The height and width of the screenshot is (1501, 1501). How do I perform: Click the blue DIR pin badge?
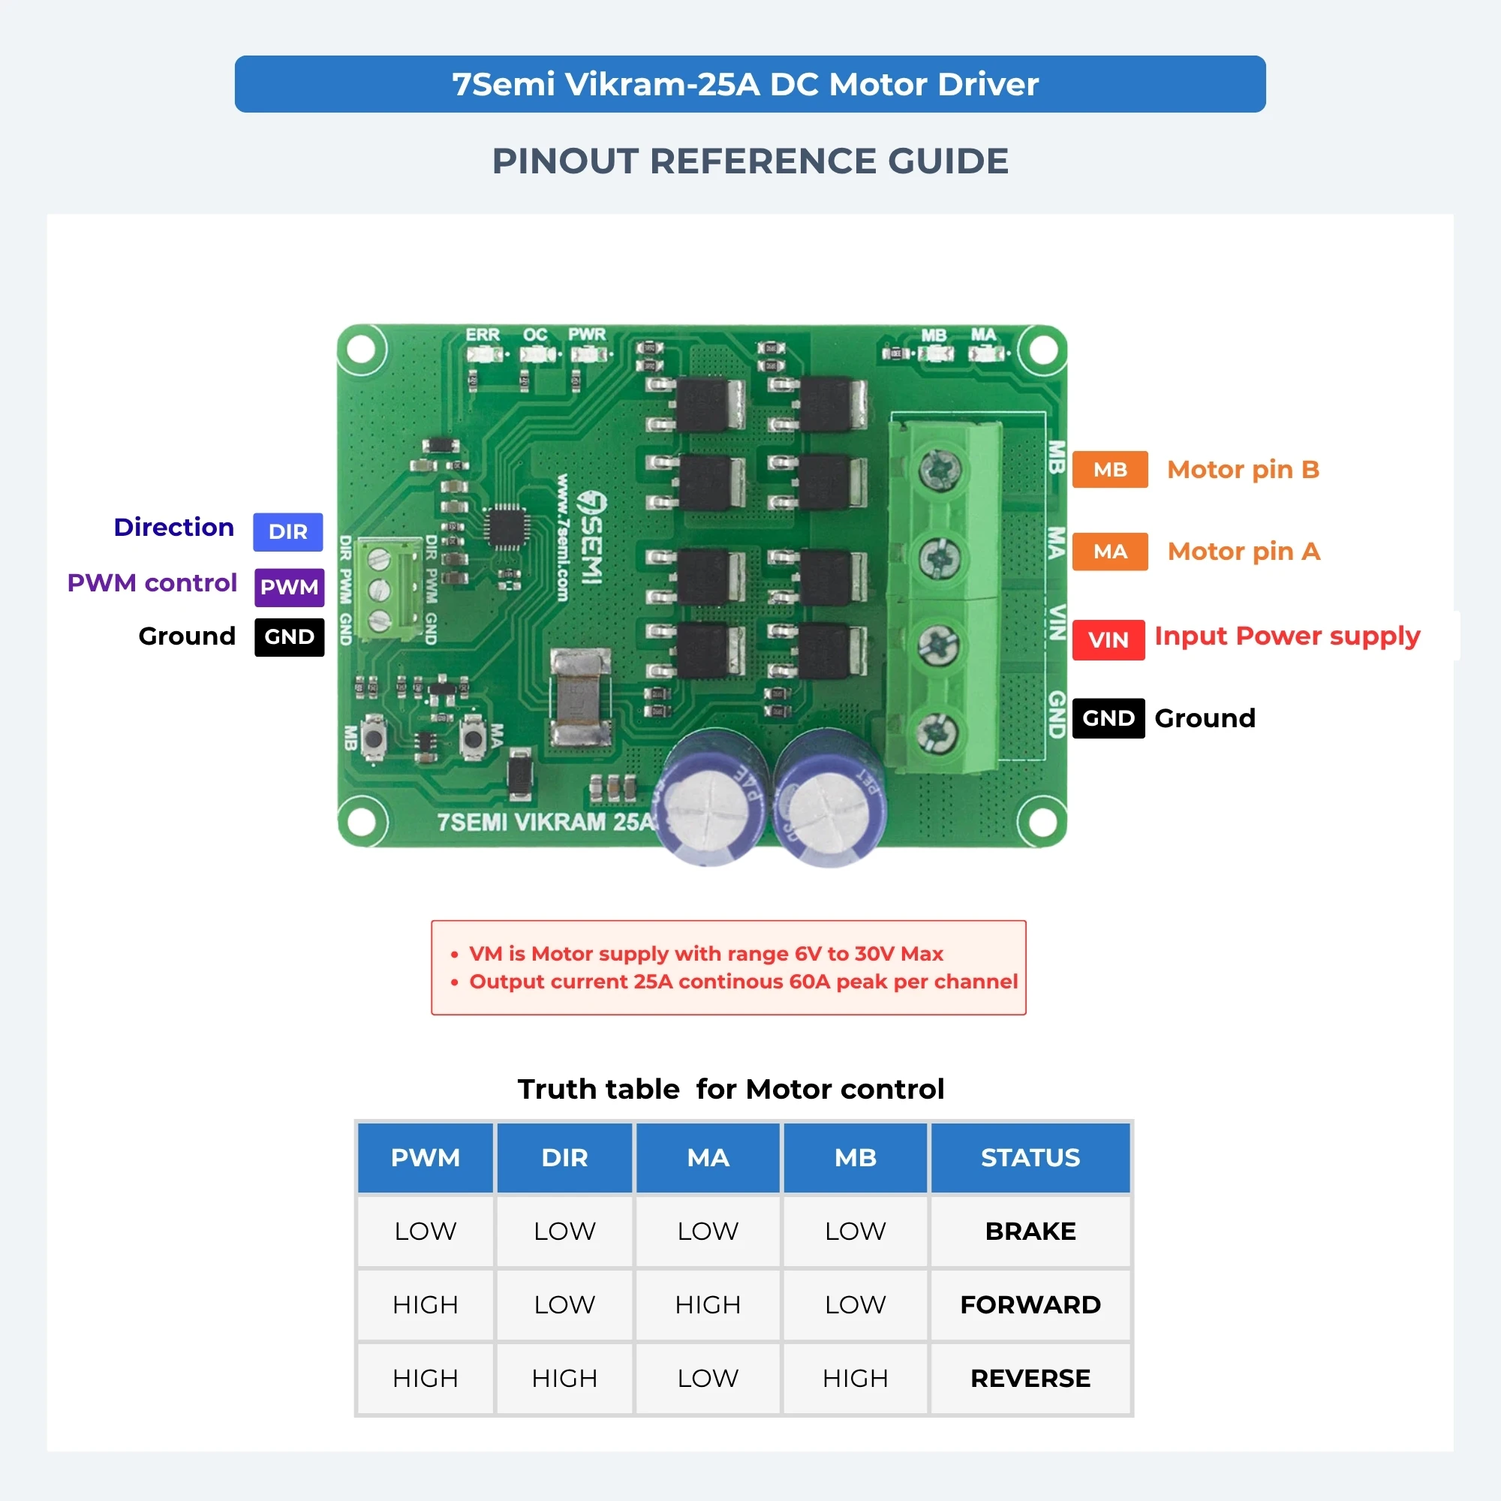point(287,532)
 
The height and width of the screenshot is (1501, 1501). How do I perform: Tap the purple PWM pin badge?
point(289,587)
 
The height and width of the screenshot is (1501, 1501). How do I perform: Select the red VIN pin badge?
point(1108,640)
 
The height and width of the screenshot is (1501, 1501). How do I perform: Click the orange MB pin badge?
point(1110,469)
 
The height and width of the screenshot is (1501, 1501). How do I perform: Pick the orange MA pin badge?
point(1110,552)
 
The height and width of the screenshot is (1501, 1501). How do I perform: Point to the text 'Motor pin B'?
point(1243,470)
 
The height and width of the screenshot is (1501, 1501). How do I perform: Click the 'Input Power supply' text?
point(1287,636)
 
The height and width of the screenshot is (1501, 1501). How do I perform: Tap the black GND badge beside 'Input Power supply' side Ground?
point(1108,718)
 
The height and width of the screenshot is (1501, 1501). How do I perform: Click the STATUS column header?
point(1030,1157)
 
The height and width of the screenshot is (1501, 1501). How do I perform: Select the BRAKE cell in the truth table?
point(1030,1232)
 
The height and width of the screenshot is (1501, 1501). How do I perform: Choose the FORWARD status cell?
point(1030,1304)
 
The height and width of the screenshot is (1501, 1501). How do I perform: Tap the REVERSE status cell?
point(1030,1378)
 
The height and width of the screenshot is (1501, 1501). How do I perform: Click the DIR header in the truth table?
point(565,1157)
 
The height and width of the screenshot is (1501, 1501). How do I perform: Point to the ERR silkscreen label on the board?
point(483,335)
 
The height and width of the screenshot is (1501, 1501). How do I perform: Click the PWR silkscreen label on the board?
point(587,335)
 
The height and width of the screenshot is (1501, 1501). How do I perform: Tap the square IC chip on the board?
point(508,528)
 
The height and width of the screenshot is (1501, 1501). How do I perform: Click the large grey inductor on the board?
point(580,697)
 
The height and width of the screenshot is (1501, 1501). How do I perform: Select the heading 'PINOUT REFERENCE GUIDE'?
point(750,161)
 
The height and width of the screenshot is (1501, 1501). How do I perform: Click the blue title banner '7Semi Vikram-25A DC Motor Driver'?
point(750,84)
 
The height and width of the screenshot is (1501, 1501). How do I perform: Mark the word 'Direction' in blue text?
point(174,528)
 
